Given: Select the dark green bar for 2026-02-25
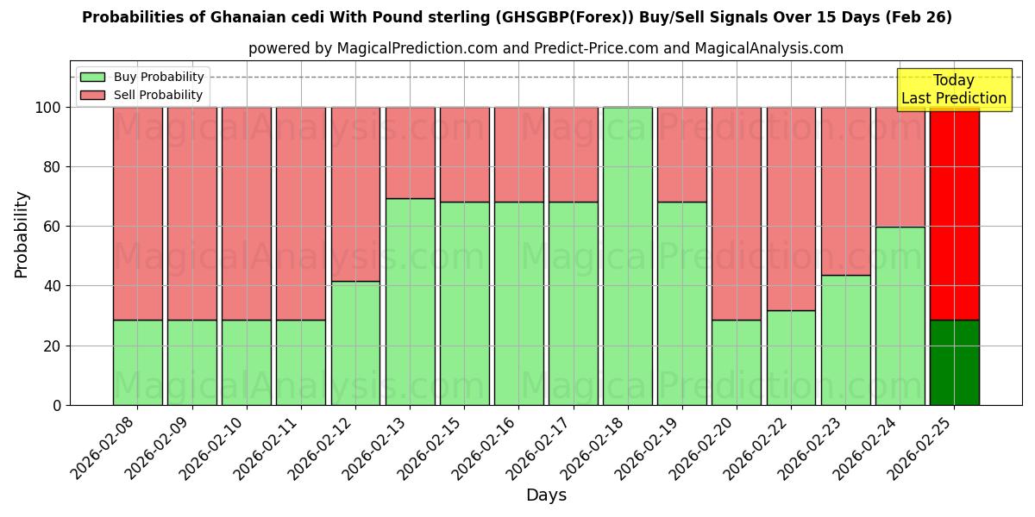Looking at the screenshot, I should click(955, 362).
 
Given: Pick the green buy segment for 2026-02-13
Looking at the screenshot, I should click(410, 302).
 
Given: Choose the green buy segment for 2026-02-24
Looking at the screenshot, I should click(900, 315).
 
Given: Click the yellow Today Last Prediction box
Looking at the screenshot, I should click(954, 90).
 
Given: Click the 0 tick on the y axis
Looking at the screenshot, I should click(57, 405).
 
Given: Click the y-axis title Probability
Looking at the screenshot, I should click(22, 234).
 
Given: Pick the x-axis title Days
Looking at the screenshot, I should click(546, 495).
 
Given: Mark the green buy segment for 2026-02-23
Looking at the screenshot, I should click(845, 339).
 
